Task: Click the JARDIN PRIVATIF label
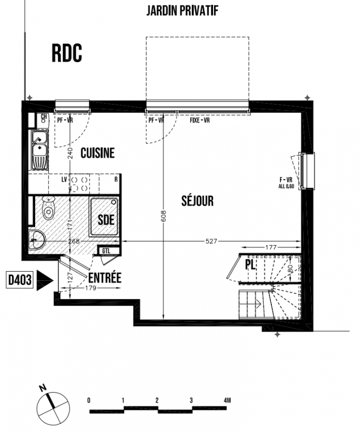pyautogui.click(x=182, y=11)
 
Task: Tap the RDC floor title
pyautogui.click(x=67, y=53)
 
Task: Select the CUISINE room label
pyautogui.click(x=97, y=153)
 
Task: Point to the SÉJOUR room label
pyautogui.click(x=197, y=200)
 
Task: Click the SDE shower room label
pyautogui.click(x=106, y=220)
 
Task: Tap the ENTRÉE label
pyautogui.click(x=105, y=278)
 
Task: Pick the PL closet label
pyautogui.click(x=250, y=265)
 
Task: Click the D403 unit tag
pyautogui.click(x=19, y=280)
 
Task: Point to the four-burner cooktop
pyautogui.click(x=79, y=184)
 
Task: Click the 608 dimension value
pyautogui.click(x=163, y=217)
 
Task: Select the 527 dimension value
pyautogui.click(x=211, y=241)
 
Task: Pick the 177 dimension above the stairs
pyautogui.click(x=271, y=247)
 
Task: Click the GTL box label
pyautogui.click(x=106, y=251)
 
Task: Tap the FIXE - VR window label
pyautogui.click(x=199, y=120)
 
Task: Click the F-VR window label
pyautogui.click(x=286, y=180)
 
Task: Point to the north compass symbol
pyautogui.click(x=53, y=404)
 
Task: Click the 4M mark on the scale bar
pyautogui.click(x=227, y=400)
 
